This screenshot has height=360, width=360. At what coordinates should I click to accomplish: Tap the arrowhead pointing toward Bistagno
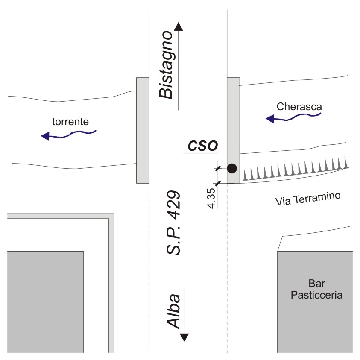(178, 26)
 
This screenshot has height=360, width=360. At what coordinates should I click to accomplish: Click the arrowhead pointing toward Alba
(184, 337)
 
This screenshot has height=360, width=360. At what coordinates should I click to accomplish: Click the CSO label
(202, 145)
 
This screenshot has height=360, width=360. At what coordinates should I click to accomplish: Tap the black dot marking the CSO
(231, 168)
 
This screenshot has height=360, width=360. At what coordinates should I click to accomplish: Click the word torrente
(70, 121)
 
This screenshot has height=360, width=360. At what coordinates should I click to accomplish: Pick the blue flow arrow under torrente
(68, 135)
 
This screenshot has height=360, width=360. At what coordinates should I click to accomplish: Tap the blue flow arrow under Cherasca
(293, 117)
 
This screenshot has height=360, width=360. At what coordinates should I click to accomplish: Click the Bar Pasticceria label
(316, 289)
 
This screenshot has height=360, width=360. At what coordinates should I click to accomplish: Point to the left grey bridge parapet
(143, 130)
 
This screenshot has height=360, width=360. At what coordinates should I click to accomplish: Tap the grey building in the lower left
(45, 301)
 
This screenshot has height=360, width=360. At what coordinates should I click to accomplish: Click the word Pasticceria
(316, 295)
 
